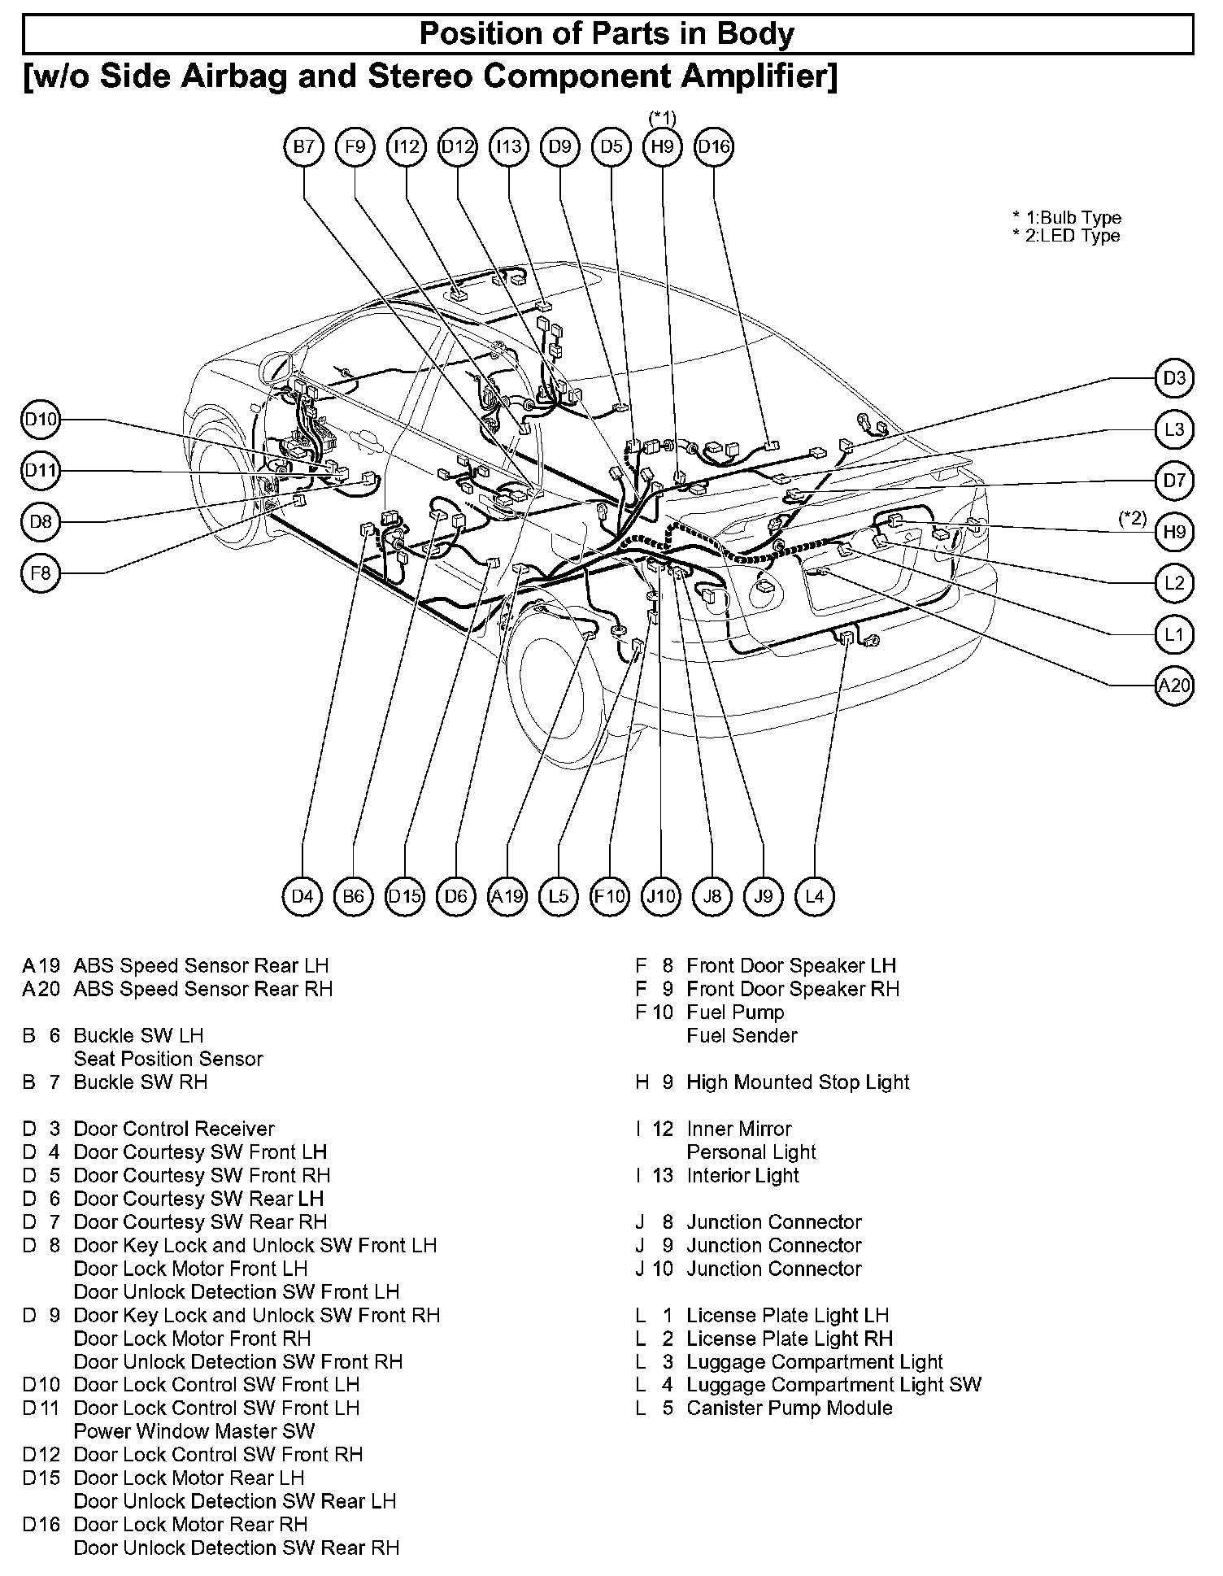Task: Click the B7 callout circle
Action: click(x=303, y=147)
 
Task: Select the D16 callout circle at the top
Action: click(x=714, y=147)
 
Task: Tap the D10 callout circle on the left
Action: click(x=41, y=420)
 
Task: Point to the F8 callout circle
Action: click(x=41, y=573)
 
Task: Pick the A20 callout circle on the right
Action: click(x=1174, y=686)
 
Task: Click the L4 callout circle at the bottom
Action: click(x=814, y=896)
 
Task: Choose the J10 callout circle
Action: click(x=660, y=896)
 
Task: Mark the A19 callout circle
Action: click(x=507, y=896)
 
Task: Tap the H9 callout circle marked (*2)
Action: click(x=1174, y=532)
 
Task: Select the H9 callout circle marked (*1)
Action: click(x=663, y=147)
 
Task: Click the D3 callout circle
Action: click(x=1174, y=378)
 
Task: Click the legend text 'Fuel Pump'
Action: click(x=735, y=1012)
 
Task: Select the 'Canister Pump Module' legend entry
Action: click(x=789, y=1408)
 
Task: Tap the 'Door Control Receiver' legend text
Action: click(x=174, y=1129)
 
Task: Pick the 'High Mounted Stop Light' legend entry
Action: click(x=798, y=1082)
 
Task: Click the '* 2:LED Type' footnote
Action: click(x=1066, y=236)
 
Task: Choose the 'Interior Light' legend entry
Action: click(x=742, y=1175)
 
